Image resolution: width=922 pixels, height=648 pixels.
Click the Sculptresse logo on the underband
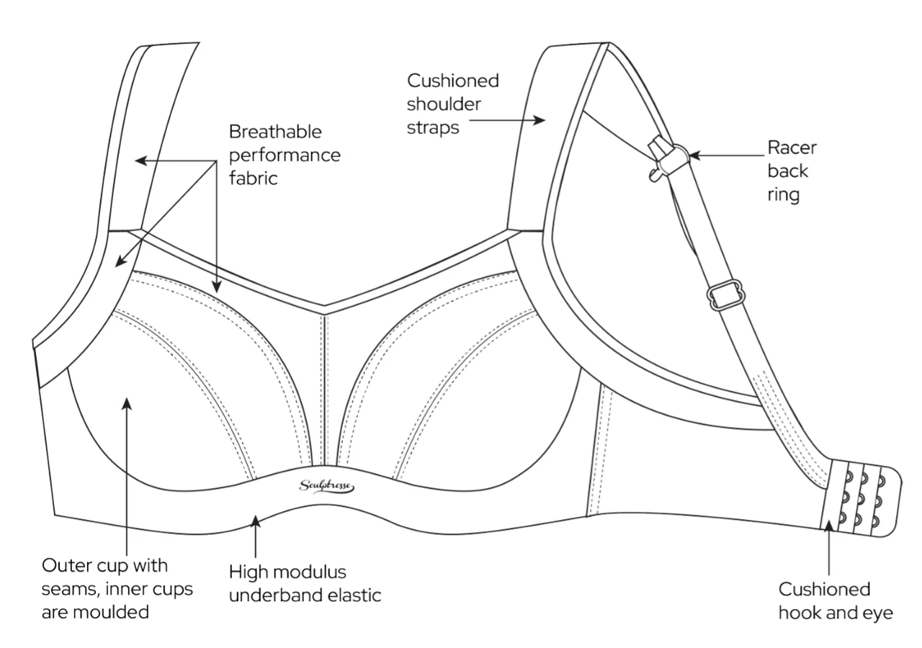coord(326,487)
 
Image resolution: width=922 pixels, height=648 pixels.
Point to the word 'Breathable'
coord(275,132)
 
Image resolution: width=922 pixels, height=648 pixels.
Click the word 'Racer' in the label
coord(792,148)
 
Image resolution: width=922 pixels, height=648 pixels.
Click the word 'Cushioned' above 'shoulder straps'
coord(452,80)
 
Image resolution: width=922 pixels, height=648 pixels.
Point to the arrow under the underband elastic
coord(254,533)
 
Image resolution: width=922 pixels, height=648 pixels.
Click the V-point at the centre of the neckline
coord(323,311)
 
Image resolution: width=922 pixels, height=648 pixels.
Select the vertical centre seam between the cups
coord(326,389)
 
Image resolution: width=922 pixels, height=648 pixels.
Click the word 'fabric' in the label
coord(253,178)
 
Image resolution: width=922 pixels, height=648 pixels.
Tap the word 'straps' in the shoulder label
coord(433,127)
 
